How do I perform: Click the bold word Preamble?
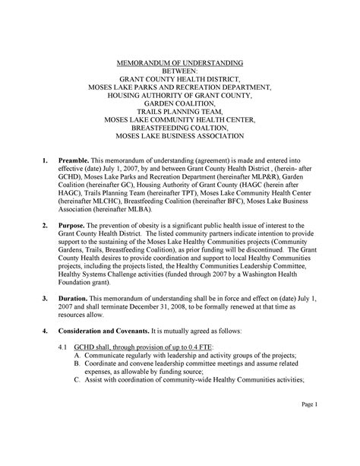[x=74, y=163]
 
